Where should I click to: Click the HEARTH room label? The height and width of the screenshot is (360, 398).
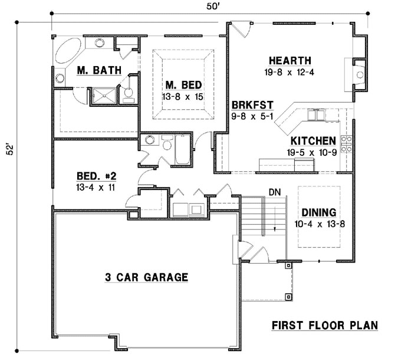[x=290, y=61]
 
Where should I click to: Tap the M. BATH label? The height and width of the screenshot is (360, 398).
[x=99, y=71]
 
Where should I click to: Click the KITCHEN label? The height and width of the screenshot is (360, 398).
[x=313, y=142]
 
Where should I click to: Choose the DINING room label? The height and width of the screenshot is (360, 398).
[x=318, y=212]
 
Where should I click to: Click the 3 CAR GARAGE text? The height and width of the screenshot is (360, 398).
[x=146, y=277]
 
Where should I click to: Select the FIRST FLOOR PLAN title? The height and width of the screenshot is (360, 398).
[x=324, y=325]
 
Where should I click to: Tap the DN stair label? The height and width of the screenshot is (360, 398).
[x=274, y=192]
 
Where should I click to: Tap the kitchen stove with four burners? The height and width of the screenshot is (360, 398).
[x=347, y=144]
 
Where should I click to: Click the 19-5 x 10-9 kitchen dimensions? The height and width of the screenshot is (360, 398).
[x=314, y=152]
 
